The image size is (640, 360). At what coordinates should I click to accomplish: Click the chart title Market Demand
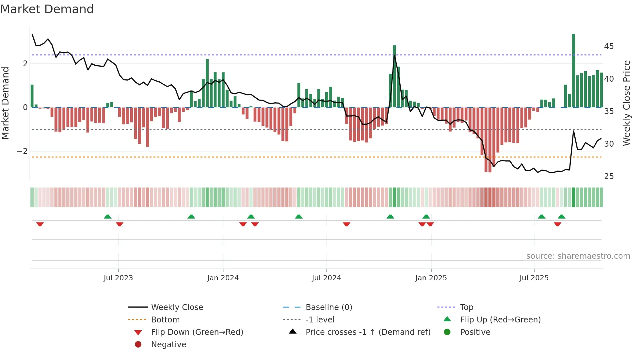pos(47,9)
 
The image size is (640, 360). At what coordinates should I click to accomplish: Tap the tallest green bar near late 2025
pos(573,71)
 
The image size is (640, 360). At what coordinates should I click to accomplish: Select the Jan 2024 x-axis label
pos(223,278)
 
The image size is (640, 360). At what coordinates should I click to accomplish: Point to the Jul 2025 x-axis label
pos(534,278)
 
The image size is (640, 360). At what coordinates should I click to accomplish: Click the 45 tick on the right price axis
pos(609,46)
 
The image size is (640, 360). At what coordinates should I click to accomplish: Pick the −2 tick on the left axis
pos(22,151)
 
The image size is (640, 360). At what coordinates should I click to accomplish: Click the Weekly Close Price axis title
pos(626,103)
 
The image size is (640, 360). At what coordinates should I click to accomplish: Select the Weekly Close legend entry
pos(177,307)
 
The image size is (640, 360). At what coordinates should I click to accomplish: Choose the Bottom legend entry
pos(165,320)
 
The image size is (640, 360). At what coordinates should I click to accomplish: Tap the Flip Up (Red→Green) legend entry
pos(500,320)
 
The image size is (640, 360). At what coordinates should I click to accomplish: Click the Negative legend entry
pos(168,345)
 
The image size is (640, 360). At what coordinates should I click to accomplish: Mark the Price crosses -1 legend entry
pos(368,332)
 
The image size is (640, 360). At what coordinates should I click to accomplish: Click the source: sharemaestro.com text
pos(578,256)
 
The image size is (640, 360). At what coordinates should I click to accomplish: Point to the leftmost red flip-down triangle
pos(40,224)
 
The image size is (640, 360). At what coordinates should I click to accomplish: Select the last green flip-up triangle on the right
pos(561,217)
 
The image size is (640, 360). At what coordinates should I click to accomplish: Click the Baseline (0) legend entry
pos(328,307)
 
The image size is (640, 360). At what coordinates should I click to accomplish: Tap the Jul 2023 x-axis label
pos(118,278)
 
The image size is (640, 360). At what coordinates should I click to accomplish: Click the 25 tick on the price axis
pos(609,176)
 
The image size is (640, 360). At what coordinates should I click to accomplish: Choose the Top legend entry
pos(466,307)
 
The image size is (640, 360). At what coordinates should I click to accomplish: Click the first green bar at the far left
pos(32,96)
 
